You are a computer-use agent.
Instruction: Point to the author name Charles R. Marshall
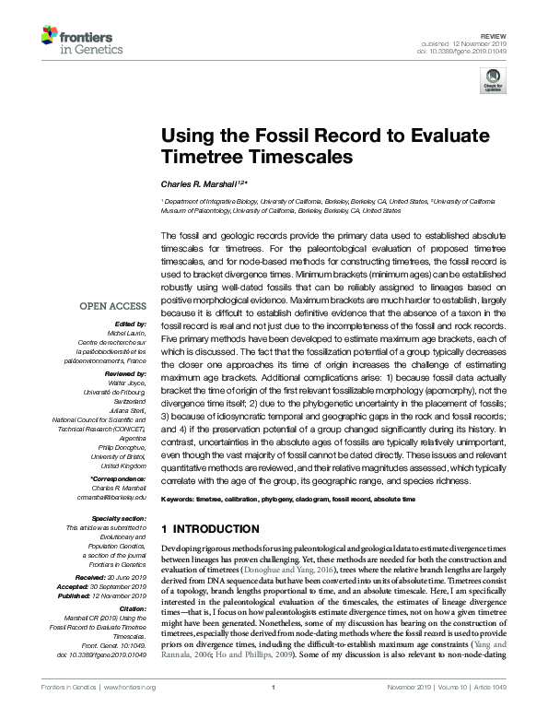pyautogui.click(x=201, y=183)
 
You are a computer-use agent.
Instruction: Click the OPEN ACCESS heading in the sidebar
pyautogui.click(x=113, y=306)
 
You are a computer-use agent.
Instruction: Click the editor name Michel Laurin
pyautogui.click(x=127, y=335)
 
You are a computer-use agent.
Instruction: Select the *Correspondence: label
pyautogui.click(x=118, y=479)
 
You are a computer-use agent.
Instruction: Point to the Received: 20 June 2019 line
pyautogui.click(x=114, y=573)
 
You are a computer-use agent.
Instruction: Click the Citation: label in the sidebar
pyautogui.click(x=133, y=609)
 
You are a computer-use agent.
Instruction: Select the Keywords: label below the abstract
pyautogui.click(x=181, y=499)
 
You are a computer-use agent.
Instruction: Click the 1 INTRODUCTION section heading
pyautogui.click(x=211, y=530)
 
